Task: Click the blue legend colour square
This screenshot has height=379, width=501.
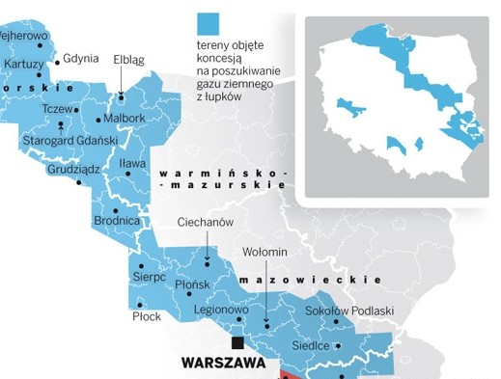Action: pos(208,23)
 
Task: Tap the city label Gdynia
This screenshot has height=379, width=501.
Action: pos(81,58)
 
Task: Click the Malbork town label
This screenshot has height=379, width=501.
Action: pos(125,119)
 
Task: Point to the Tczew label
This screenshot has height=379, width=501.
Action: pos(58,109)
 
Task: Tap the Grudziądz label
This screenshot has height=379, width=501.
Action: pos(73,170)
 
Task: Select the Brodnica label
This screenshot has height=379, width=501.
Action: pos(118,221)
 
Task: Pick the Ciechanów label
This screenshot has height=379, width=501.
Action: pos(206,222)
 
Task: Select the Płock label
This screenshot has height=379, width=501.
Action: pos(147,316)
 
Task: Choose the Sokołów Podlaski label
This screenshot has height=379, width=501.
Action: pos(349,311)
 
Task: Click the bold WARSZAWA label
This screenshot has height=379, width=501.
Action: pos(223,365)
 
